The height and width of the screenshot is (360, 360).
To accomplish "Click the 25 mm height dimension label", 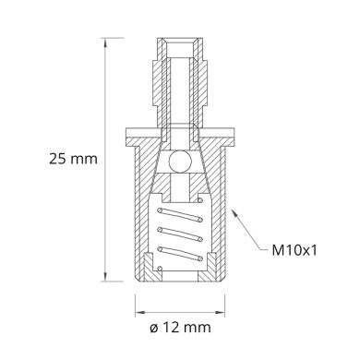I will coord(71,159).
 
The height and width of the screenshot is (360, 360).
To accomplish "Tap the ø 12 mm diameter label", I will coord(182,327).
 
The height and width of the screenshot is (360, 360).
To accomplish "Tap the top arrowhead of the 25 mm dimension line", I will coord(115,41).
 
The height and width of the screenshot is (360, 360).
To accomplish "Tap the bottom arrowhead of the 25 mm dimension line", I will coord(115,278).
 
